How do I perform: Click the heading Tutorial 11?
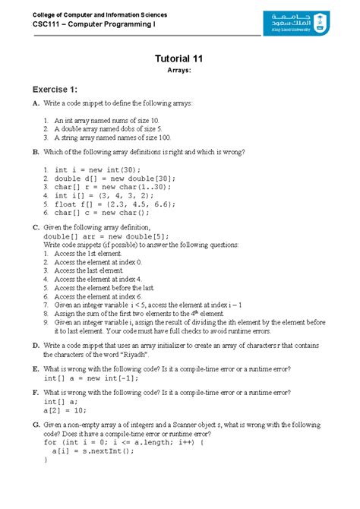pyautogui.click(x=179, y=58)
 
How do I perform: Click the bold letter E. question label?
pyautogui.click(x=36, y=368)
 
